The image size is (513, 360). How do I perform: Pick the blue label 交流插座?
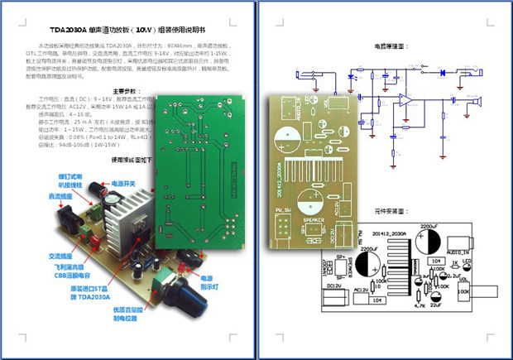pyautogui.click(x=65, y=256)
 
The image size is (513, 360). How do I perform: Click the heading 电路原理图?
pyautogui.click(x=391, y=47)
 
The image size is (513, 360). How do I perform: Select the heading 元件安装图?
pyautogui.click(x=391, y=212)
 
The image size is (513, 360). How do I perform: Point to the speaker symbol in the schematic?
pyautogui.click(x=477, y=102)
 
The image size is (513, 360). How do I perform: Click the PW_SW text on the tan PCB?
pyautogui.click(x=283, y=210)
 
